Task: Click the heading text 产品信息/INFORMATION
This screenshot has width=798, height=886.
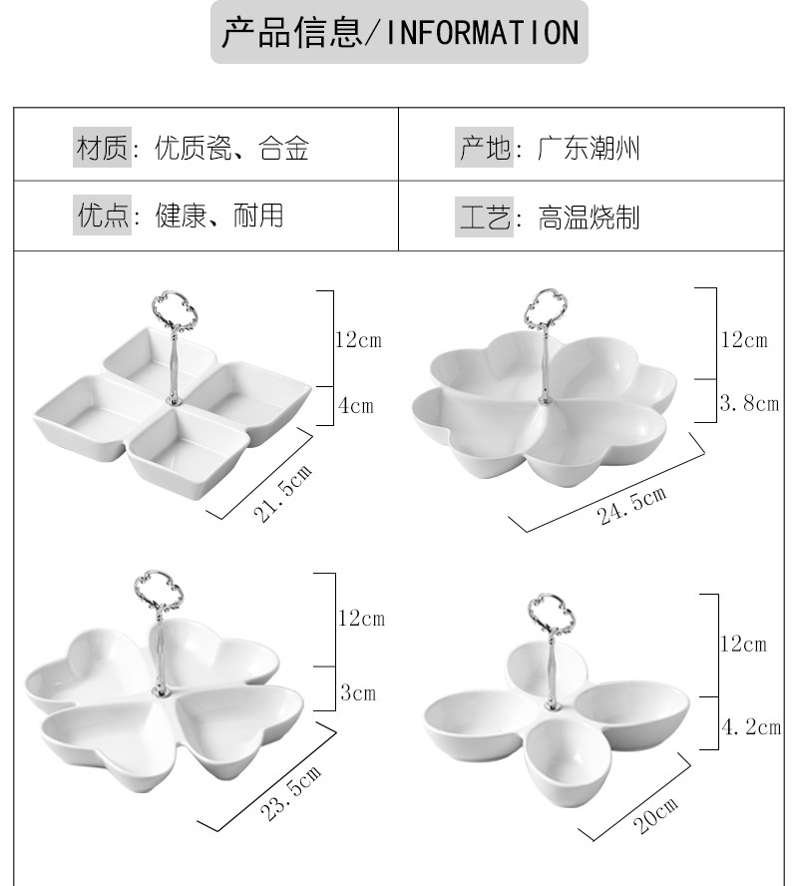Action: tap(399, 34)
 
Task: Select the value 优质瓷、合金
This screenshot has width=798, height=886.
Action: tap(231, 150)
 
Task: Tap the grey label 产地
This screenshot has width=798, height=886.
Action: tap(485, 150)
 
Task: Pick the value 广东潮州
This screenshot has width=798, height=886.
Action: tap(589, 150)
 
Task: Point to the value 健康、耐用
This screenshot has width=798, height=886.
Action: tap(219, 215)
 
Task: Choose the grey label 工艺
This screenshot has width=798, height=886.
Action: tap(485, 217)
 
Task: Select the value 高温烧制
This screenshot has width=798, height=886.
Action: tap(589, 217)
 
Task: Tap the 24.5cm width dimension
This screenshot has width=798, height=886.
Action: tap(632, 507)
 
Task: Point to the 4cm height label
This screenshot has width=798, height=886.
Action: tap(355, 405)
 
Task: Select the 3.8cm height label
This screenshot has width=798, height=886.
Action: tap(749, 403)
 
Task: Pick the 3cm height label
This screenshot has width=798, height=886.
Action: tap(358, 691)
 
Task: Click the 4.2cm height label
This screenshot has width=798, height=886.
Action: tap(751, 726)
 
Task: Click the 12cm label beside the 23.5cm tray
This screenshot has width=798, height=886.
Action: tap(361, 619)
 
